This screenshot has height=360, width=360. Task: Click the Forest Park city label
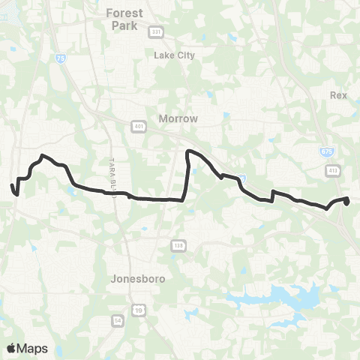tap(124, 18)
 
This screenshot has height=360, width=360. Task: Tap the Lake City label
tap(173, 55)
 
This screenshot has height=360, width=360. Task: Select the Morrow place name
tap(178, 118)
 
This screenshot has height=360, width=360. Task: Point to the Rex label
tap(338, 95)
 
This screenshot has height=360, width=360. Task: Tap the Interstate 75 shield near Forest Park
tap(60, 58)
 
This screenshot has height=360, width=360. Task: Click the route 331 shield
tap(156, 31)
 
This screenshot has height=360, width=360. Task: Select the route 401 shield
tap(139, 125)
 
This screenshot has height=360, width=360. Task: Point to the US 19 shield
tap(139, 309)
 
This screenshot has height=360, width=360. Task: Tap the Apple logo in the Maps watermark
tap(12, 348)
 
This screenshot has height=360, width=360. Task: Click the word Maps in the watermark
tap(33, 348)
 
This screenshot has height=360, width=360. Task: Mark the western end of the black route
tap(12, 185)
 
